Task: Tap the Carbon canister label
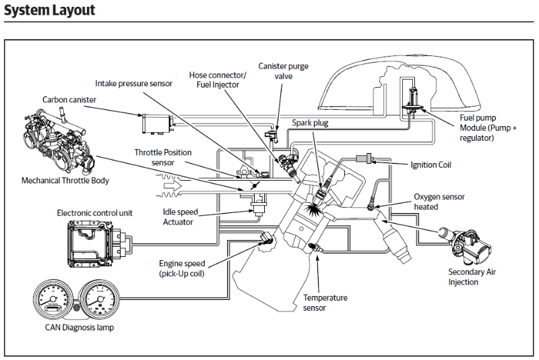[x=69, y=100]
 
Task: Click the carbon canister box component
[x=155, y=123]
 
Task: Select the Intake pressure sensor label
[x=133, y=84]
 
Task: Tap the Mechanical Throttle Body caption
[x=65, y=181]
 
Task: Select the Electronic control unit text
[x=94, y=213]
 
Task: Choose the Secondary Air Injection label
[x=472, y=277]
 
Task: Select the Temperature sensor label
[x=325, y=302]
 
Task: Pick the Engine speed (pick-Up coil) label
[x=182, y=268]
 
